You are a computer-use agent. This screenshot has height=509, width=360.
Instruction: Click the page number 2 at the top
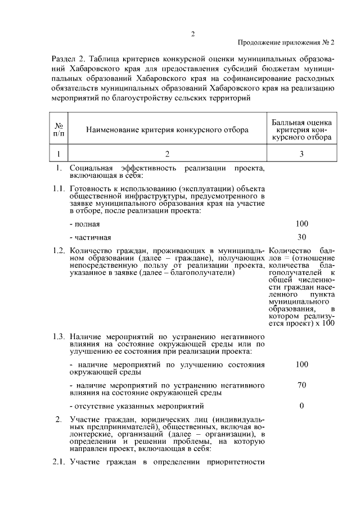[192, 33]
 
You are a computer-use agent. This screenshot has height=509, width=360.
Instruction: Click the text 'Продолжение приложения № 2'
[286, 43]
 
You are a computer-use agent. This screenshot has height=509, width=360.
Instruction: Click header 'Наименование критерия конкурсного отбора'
[167, 130]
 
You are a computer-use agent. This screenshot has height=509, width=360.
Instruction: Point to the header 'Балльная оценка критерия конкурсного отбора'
[301, 129]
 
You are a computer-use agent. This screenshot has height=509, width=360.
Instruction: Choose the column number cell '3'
[301, 154]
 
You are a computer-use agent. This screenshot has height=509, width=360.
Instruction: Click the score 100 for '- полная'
[301, 224]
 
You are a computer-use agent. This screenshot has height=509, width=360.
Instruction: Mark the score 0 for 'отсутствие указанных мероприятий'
[301, 406]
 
